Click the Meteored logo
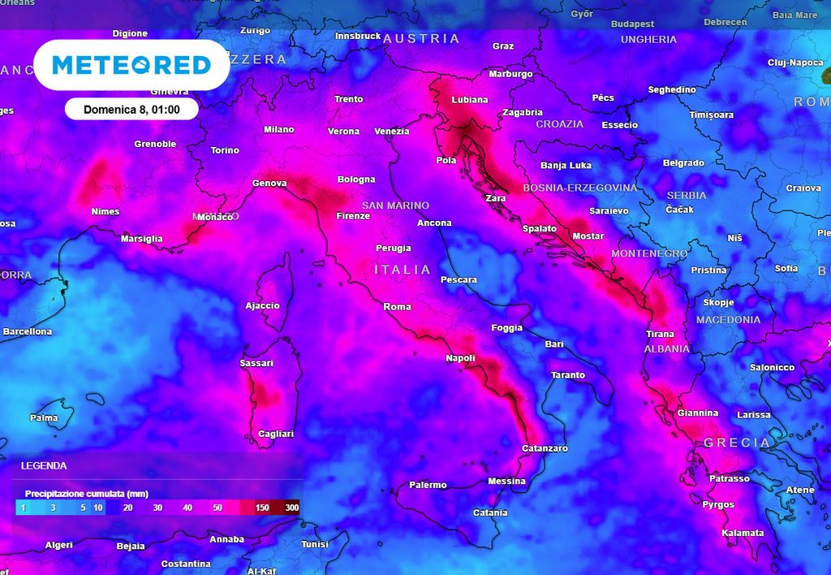pyautogui.click(x=131, y=65)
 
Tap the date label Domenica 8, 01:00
pyautogui.click(x=131, y=109)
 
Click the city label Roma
pyautogui.click(x=398, y=307)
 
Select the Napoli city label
pyautogui.click(x=460, y=358)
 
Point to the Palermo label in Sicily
pyautogui.click(x=428, y=485)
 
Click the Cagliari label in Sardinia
pyautogui.click(x=276, y=434)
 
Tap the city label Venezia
pyautogui.click(x=392, y=132)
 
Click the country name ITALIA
pyautogui.click(x=403, y=270)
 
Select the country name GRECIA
pyautogui.click(x=737, y=443)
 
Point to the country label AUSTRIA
pyautogui.click(x=421, y=38)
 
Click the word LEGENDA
pyautogui.click(x=44, y=466)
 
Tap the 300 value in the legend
pyautogui.click(x=292, y=508)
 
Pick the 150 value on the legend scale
pyautogui.click(x=262, y=508)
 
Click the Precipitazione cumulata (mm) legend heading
pyautogui.click(x=87, y=493)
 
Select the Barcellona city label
pyautogui.click(x=27, y=331)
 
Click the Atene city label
pyautogui.click(x=800, y=490)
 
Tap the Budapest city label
pyautogui.click(x=633, y=24)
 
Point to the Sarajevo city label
pyautogui.click(x=609, y=211)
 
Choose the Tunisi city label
pyautogui.click(x=315, y=544)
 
